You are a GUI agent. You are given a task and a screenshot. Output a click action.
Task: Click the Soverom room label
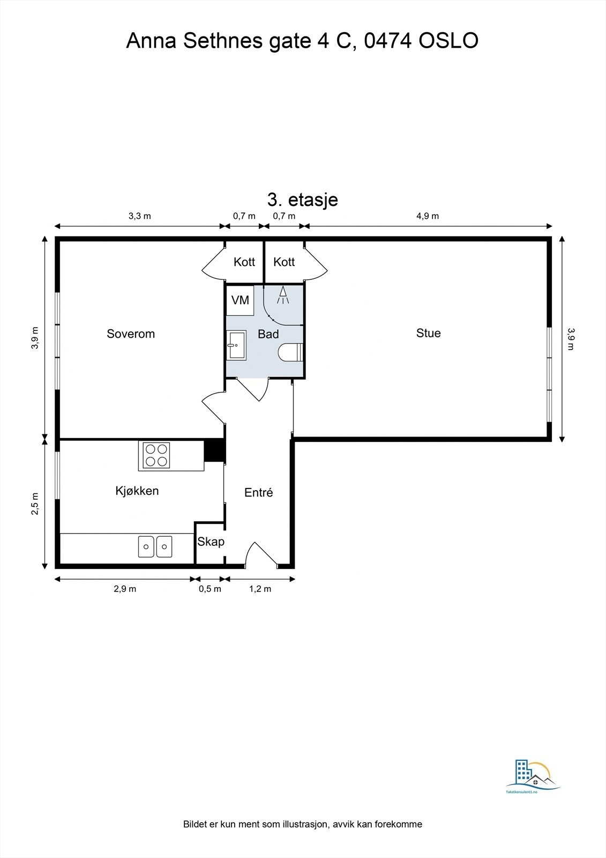pyautogui.click(x=131, y=334)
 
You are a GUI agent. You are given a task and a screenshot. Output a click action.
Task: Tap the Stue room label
pyautogui.click(x=428, y=333)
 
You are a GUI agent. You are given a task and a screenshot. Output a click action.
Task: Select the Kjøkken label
pyautogui.click(x=137, y=491)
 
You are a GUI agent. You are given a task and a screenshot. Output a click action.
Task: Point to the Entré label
pyautogui.click(x=258, y=492)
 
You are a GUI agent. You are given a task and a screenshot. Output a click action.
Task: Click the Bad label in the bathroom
pyautogui.click(x=268, y=334)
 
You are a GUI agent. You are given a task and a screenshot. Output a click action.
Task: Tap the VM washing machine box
pyautogui.click(x=240, y=300)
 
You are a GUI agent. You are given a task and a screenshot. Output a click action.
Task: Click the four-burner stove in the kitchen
pyautogui.click(x=156, y=455)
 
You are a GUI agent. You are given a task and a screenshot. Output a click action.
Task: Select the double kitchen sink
pyautogui.click(x=155, y=546)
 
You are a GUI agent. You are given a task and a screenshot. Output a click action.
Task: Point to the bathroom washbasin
pyautogui.click(x=236, y=345)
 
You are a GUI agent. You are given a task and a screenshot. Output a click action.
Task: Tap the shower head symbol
pyautogui.click(x=283, y=295)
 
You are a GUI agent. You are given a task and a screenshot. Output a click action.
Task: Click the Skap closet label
pyautogui.click(x=211, y=542)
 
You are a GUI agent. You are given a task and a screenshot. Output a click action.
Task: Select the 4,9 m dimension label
pyautogui.click(x=427, y=216)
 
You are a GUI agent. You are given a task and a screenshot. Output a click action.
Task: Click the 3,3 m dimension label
pyautogui.click(x=139, y=216)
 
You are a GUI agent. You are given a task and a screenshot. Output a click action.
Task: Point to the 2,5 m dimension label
pyautogui.click(x=35, y=504)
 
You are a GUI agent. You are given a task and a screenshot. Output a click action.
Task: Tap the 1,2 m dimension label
pyautogui.click(x=260, y=589)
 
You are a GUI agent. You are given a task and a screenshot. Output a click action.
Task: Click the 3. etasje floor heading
pyautogui.click(x=302, y=199)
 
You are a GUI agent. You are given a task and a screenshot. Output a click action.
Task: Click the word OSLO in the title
pyautogui.click(x=448, y=41)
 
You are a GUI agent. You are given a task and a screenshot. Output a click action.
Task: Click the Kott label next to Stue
pyautogui.click(x=284, y=262)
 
